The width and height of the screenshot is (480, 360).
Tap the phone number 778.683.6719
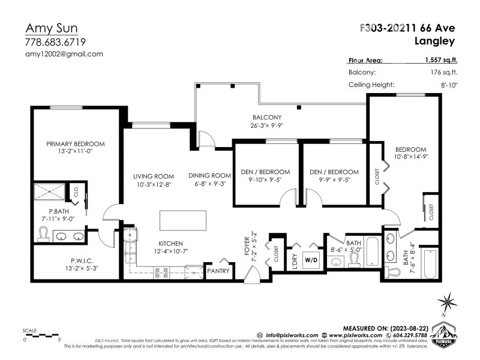coord(55,42)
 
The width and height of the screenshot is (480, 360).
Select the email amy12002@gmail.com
coord(64,53)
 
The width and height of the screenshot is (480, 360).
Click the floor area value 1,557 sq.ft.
coord(442,60)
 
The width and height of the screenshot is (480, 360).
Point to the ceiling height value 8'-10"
coord(449,85)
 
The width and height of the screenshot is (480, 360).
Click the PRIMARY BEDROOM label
coord(76,144)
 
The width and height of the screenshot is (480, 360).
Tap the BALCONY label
coord(266,117)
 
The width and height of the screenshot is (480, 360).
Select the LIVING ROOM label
coord(154,176)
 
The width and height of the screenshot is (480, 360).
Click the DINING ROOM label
coord(209,175)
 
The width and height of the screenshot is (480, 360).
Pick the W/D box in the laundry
coord(312,260)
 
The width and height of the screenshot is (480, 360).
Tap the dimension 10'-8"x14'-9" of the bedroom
coord(410,157)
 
